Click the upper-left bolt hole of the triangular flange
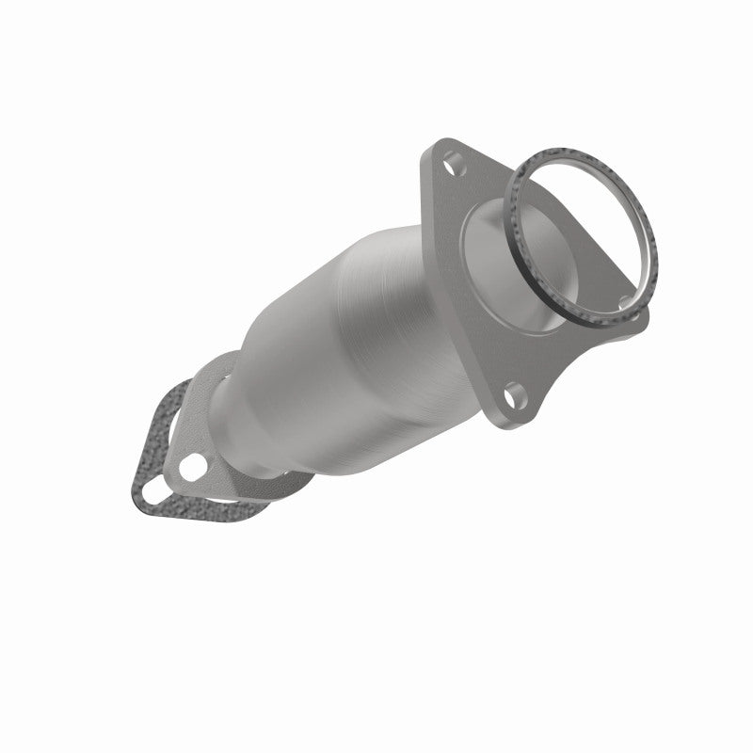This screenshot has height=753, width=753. tap(454, 161)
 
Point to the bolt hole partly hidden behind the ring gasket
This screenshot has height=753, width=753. tap(626, 301)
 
